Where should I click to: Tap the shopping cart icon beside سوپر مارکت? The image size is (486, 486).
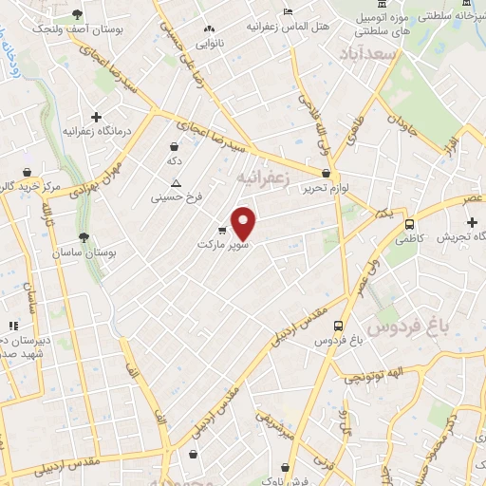click(222, 230)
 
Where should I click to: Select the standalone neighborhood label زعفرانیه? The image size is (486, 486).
click(261, 178)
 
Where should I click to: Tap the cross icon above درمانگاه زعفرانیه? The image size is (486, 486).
click(96, 116)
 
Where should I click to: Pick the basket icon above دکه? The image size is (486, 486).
click(174, 147)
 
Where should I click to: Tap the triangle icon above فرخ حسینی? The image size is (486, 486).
click(174, 181)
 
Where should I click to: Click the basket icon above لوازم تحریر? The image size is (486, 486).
click(327, 174)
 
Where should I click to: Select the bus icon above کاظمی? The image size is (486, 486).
click(409, 225)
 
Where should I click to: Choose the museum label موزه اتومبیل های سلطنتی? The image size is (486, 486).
click(373, 25)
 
